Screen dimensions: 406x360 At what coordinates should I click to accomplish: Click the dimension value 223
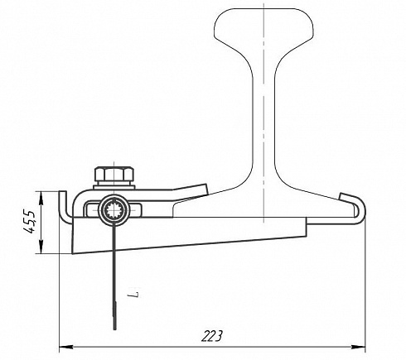click(212, 335)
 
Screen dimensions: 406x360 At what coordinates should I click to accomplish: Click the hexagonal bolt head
click(114, 174)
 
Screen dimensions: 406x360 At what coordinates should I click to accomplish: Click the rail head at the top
click(263, 24)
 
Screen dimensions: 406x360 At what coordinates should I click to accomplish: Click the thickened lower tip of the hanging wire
click(115, 316)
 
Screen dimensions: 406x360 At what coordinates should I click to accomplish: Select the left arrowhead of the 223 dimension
click(65, 347)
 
